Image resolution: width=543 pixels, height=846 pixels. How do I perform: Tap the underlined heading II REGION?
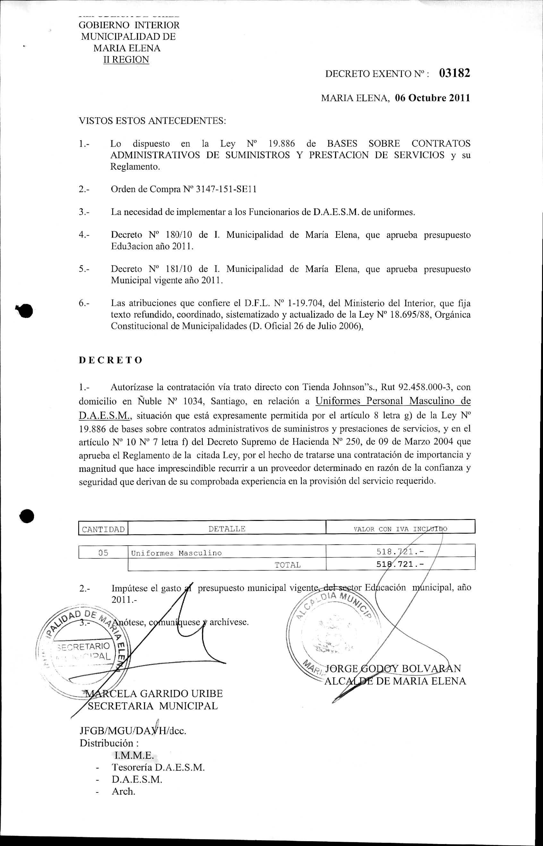(126, 60)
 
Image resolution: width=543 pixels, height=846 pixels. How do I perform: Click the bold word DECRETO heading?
(110, 360)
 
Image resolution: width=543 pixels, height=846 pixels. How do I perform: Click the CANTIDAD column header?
(103, 529)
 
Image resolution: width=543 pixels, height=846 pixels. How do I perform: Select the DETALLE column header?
(227, 529)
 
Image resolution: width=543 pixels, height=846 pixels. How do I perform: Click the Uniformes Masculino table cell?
(176, 553)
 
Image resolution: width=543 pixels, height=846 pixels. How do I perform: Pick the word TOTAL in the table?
(287, 565)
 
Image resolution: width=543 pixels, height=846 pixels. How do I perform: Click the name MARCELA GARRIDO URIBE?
(155, 693)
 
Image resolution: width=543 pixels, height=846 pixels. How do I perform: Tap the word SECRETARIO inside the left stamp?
(83, 646)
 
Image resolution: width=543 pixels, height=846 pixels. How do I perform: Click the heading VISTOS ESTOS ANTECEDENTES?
(152, 121)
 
